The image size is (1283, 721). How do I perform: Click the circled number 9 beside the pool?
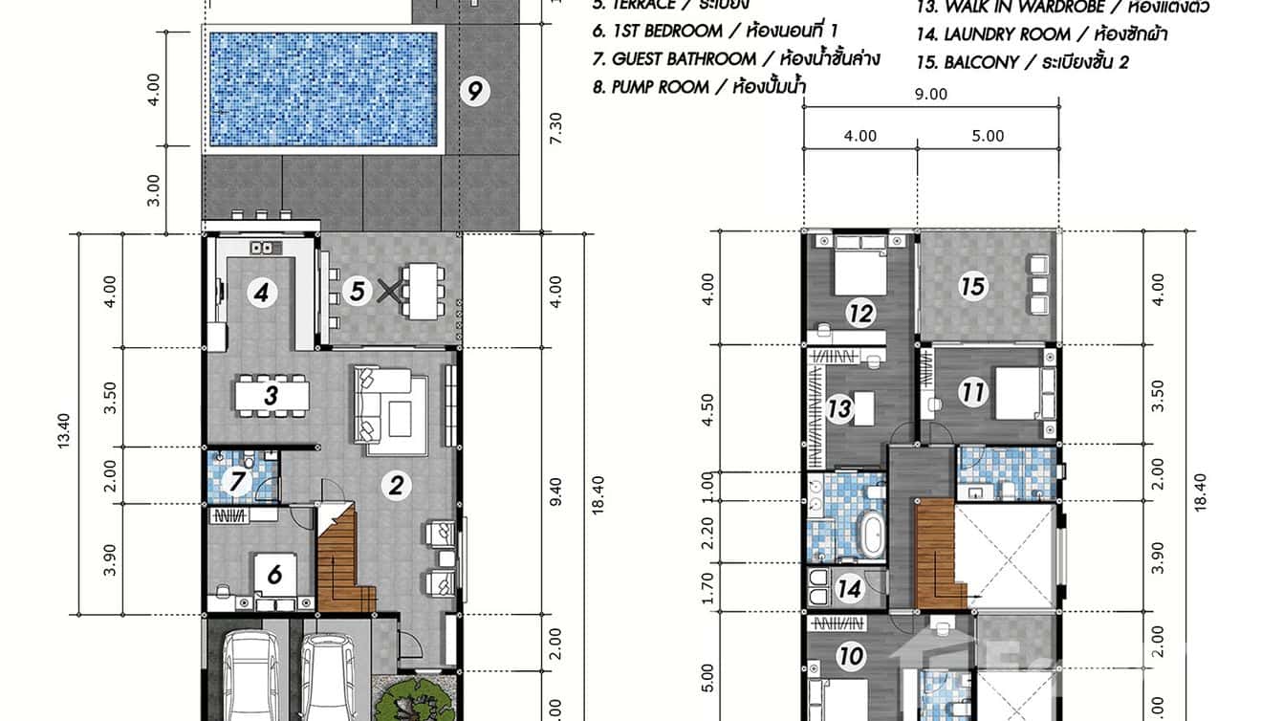click(474, 92)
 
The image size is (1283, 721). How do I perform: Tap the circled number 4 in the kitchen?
click(262, 293)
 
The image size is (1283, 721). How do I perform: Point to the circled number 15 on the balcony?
click(972, 287)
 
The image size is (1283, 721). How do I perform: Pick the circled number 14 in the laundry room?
click(850, 589)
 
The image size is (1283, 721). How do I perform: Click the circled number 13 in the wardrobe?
click(839, 409)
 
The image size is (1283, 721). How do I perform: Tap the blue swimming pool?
click(322, 87)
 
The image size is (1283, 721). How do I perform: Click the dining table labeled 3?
click(272, 395)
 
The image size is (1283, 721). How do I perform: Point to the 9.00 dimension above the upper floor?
click(930, 94)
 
